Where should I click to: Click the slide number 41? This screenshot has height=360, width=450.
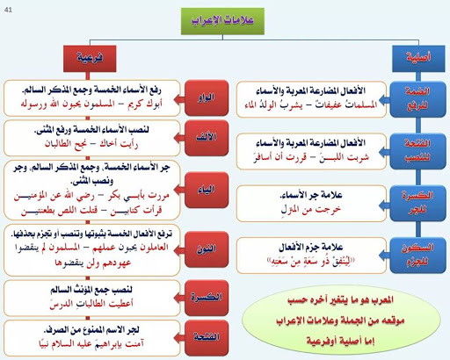[x=10, y=8]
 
